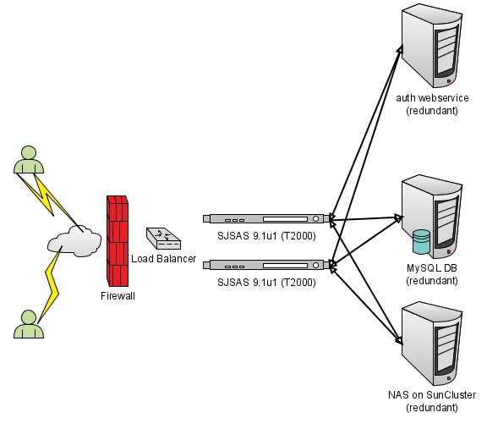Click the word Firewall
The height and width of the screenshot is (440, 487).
click(x=118, y=296)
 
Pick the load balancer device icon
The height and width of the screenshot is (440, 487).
click(x=161, y=238)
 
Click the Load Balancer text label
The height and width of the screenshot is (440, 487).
click(x=164, y=258)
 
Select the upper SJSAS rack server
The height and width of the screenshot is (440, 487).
click(x=266, y=218)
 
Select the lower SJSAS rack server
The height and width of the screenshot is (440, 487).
click(x=266, y=264)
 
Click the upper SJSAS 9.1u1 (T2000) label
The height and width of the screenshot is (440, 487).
click(x=266, y=236)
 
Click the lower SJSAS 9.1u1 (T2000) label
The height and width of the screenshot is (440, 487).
click(x=266, y=282)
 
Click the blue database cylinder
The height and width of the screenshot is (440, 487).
click(x=422, y=242)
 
